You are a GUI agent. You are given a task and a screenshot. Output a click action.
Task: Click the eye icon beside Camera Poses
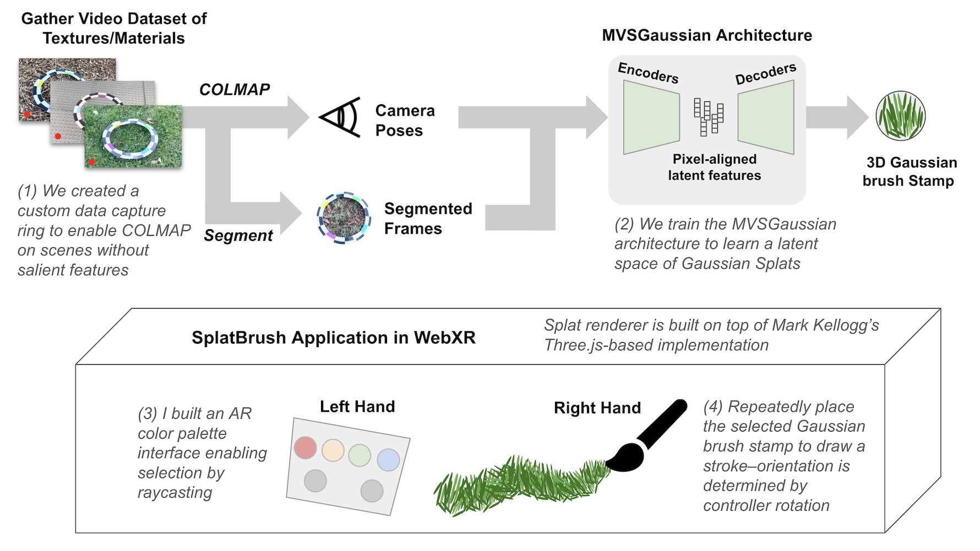[x=340, y=117]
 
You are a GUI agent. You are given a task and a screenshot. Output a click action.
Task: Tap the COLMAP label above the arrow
[x=235, y=89]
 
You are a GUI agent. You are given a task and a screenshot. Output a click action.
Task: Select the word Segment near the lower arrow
[x=238, y=235]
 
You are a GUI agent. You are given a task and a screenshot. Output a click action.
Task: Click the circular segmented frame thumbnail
[x=342, y=218]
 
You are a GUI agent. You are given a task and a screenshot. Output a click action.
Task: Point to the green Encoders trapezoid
[x=651, y=117]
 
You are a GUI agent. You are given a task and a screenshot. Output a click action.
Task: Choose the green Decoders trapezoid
[x=766, y=117]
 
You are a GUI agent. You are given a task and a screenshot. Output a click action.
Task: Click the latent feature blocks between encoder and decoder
[x=709, y=116]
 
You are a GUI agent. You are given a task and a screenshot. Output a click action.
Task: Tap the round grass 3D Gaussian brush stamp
[x=901, y=116]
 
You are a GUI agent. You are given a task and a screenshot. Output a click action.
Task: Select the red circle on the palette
[x=305, y=447]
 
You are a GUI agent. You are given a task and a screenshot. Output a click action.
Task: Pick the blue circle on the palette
[x=389, y=460]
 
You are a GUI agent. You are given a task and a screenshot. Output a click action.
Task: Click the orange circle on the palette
[x=333, y=450]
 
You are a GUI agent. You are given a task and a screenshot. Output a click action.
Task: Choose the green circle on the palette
[x=360, y=455]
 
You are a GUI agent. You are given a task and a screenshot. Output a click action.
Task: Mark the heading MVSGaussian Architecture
[x=707, y=35]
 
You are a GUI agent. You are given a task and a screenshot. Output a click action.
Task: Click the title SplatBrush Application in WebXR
[x=333, y=337]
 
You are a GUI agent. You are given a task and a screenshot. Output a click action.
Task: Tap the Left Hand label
[x=357, y=407]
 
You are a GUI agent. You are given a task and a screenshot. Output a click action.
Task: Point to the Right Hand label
[x=597, y=408]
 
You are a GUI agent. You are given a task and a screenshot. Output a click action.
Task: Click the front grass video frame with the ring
[x=133, y=136]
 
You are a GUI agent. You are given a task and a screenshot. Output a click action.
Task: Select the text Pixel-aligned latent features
[x=714, y=167]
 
